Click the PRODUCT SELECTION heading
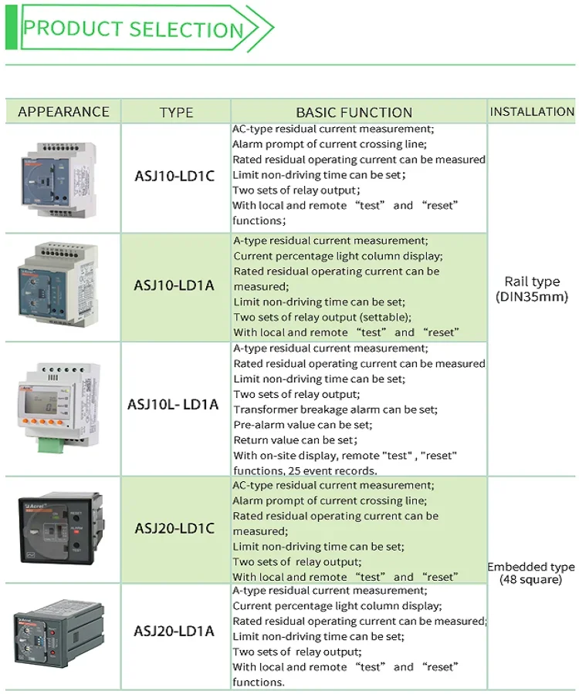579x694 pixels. point(133,29)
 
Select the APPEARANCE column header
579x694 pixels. point(63,112)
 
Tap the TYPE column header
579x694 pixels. point(176,113)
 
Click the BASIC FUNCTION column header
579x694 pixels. point(354,113)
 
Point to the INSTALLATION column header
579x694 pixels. point(532,112)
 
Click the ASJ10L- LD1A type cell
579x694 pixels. point(173,404)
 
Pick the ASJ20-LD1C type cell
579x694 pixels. point(174,529)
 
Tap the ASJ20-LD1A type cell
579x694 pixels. point(174,632)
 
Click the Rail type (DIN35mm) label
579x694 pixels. point(532,289)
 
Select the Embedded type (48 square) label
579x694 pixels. point(532,573)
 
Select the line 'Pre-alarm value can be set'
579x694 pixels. point(303,425)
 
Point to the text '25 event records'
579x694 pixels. point(338,470)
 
